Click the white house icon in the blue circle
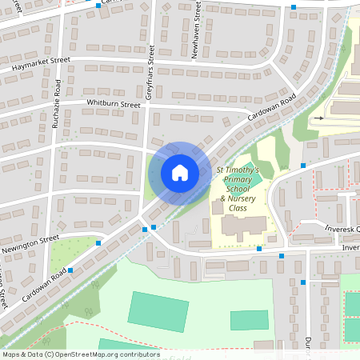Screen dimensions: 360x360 [x=179, y=173]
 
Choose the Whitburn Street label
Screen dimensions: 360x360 [x=114, y=103]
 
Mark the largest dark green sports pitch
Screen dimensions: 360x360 [x=158, y=310]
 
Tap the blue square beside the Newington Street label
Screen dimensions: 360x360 [x=98, y=242]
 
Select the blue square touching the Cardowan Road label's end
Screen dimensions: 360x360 [x=70, y=270]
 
